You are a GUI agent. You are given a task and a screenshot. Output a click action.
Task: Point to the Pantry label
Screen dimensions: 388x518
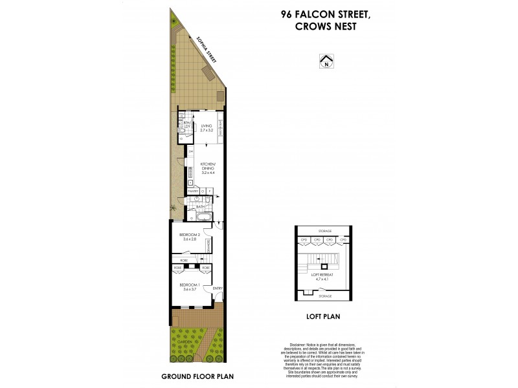[192, 192]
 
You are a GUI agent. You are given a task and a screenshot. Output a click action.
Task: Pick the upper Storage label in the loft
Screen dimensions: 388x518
[324, 231]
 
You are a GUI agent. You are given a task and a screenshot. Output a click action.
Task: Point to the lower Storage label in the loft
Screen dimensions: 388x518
[324, 296]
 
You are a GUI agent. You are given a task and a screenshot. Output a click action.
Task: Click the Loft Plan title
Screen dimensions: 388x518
[323, 317]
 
